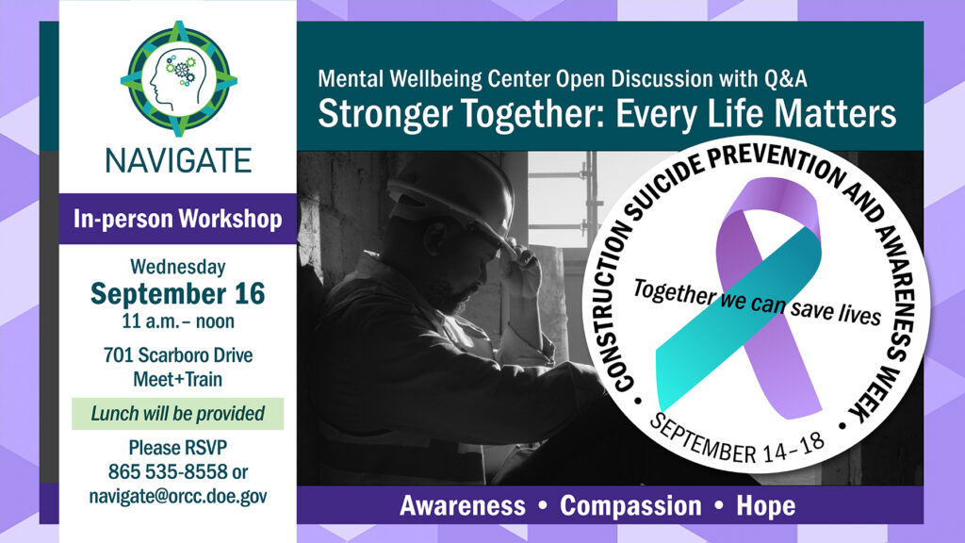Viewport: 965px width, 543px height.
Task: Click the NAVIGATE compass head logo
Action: coord(178,79)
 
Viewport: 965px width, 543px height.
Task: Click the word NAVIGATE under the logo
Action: coord(178,161)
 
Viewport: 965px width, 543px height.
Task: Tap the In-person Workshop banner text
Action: coord(178,219)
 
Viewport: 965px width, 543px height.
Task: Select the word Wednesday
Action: coord(178,267)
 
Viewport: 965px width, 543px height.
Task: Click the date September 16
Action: coord(178,294)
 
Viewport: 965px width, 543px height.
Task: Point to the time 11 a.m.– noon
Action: coord(178,321)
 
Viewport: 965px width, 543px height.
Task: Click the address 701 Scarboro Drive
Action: coord(178,355)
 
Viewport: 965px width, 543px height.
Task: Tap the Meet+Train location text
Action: coord(178,379)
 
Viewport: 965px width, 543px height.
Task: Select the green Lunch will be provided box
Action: coord(178,414)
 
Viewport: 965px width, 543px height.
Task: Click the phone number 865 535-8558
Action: coord(168,471)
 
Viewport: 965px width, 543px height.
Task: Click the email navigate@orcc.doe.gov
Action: coord(178,496)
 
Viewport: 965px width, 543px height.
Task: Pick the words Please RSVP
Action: coord(178,448)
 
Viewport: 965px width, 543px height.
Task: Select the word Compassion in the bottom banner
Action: coord(630,506)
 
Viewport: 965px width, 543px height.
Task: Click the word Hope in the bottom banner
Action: coord(766,506)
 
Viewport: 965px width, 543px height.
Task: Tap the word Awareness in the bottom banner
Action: coord(463,506)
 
